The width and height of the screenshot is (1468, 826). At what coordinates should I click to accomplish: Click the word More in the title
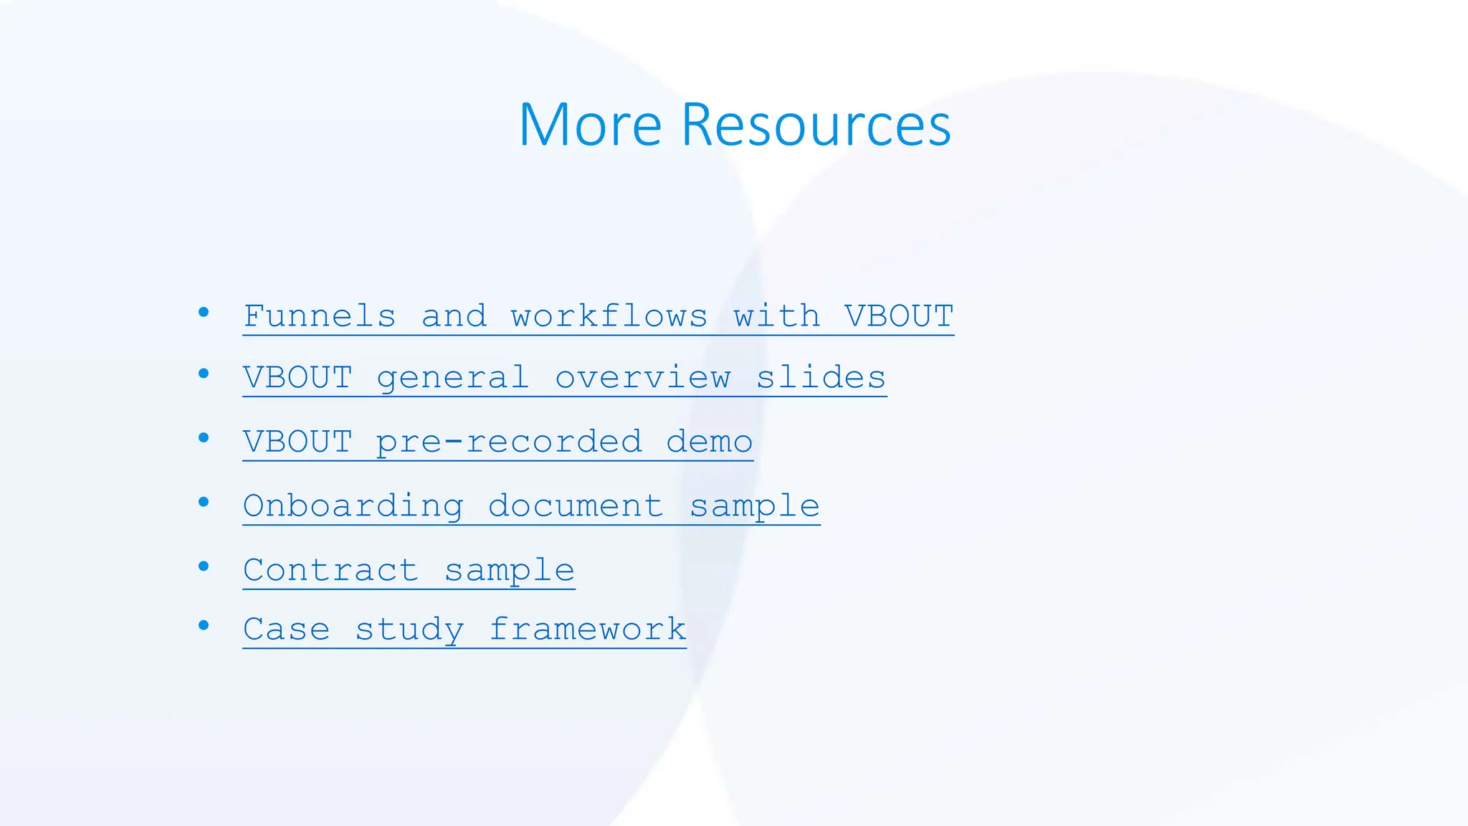coord(589,125)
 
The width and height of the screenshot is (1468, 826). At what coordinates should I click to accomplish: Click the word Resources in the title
coord(816,125)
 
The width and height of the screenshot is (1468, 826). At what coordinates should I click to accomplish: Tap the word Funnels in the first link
coord(320,316)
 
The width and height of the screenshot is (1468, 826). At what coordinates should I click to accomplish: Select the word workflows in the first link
coord(609,316)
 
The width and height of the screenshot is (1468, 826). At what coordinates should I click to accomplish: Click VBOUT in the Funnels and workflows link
coord(899,316)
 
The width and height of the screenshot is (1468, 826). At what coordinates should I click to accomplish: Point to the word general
coord(452,378)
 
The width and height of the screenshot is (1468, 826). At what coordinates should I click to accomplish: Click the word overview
coord(643,378)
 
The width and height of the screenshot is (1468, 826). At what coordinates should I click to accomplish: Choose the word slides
coord(821,378)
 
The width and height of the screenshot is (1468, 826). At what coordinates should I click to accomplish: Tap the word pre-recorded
coord(508,442)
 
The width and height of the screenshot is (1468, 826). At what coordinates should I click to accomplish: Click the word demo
coord(710,442)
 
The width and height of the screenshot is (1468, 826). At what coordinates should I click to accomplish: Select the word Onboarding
coord(353,506)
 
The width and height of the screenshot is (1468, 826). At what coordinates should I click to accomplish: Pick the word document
coord(576,506)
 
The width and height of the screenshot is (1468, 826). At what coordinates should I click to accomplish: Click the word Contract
coord(330,571)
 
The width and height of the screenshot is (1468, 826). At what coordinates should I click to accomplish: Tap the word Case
coord(287,630)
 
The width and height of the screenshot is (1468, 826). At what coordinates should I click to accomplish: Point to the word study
coord(409,630)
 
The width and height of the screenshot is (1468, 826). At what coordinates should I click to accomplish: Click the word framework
coord(588,630)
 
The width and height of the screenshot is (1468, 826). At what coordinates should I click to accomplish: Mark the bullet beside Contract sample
coord(204,566)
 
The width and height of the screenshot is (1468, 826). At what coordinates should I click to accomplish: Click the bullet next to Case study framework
coord(204,626)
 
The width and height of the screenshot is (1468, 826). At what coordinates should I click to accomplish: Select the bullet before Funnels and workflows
coord(204,312)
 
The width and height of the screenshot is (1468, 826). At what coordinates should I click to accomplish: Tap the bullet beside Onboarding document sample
coord(204,502)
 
